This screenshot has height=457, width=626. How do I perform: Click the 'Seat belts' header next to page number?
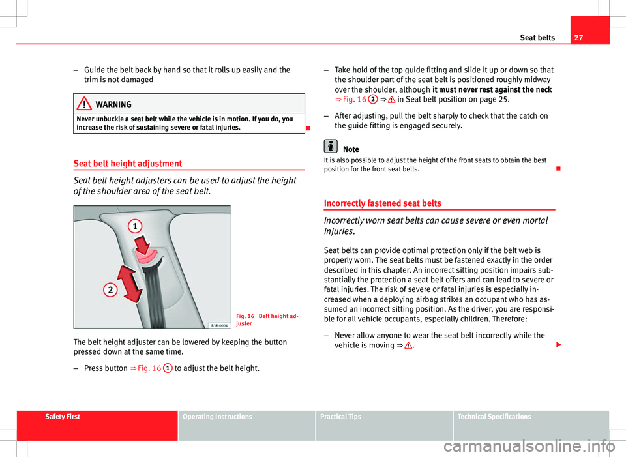pyautogui.click(x=537, y=38)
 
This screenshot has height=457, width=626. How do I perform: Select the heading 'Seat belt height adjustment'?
pyautogui.click(x=128, y=164)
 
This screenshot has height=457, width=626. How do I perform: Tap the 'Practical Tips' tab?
pyautogui.click(x=341, y=417)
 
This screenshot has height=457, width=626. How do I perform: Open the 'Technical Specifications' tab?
pyautogui.click(x=494, y=417)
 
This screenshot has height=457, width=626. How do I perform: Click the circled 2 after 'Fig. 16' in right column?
pyautogui.click(x=372, y=100)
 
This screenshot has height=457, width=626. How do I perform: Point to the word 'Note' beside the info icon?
pyautogui.click(x=351, y=149)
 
